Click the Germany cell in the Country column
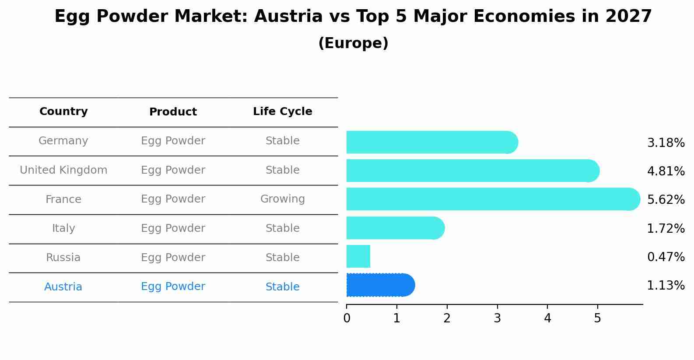point(63,141)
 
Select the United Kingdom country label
point(63,170)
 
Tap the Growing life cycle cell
point(283,199)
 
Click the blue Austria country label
point(63,287)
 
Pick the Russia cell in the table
point(63,258)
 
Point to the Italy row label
point(63,228)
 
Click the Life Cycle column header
point(283,112)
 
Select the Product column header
point(173,112)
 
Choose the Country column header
point(63,112)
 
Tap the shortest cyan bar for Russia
point(358,256)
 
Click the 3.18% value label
point(666,143)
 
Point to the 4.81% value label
point(666,171)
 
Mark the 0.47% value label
point(666,257)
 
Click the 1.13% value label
point(666,286)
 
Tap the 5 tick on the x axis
point(597,318)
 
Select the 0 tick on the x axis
point(347,318)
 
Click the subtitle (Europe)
point(353,43)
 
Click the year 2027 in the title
point(629,17)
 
